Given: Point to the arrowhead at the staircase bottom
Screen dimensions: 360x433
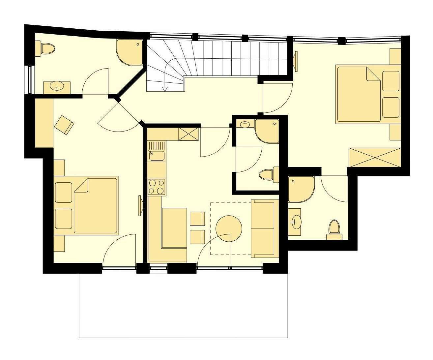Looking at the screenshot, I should tap(165, 88).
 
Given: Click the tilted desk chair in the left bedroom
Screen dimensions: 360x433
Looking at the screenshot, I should tap(64, 125).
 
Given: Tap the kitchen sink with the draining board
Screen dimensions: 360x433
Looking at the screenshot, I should tap(157, 151).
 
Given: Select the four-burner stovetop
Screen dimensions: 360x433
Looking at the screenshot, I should tap(157, 187).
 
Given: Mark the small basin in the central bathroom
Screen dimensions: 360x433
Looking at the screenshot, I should tap(245, 124).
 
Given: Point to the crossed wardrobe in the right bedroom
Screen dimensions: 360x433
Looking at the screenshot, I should tap(375, 158).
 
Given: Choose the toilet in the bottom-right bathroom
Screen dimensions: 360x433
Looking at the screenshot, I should tap(334, 228).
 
